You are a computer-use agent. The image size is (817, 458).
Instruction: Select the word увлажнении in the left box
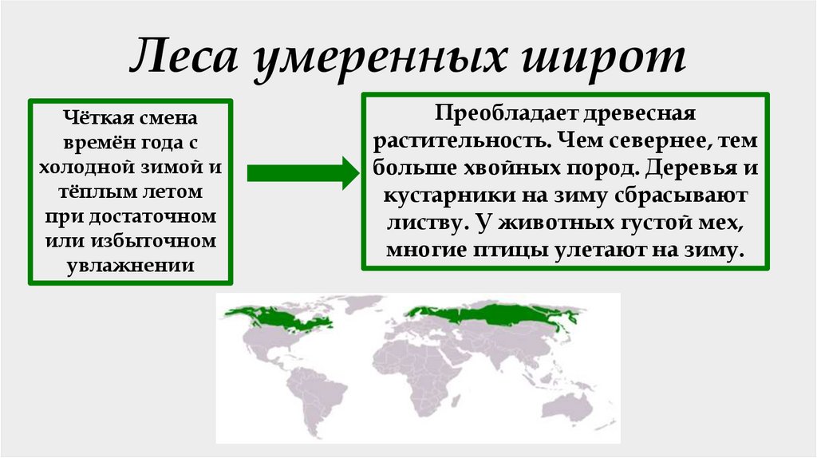click(x=130, y=263)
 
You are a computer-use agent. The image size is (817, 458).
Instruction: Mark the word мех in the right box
click(x=716, y=223)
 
